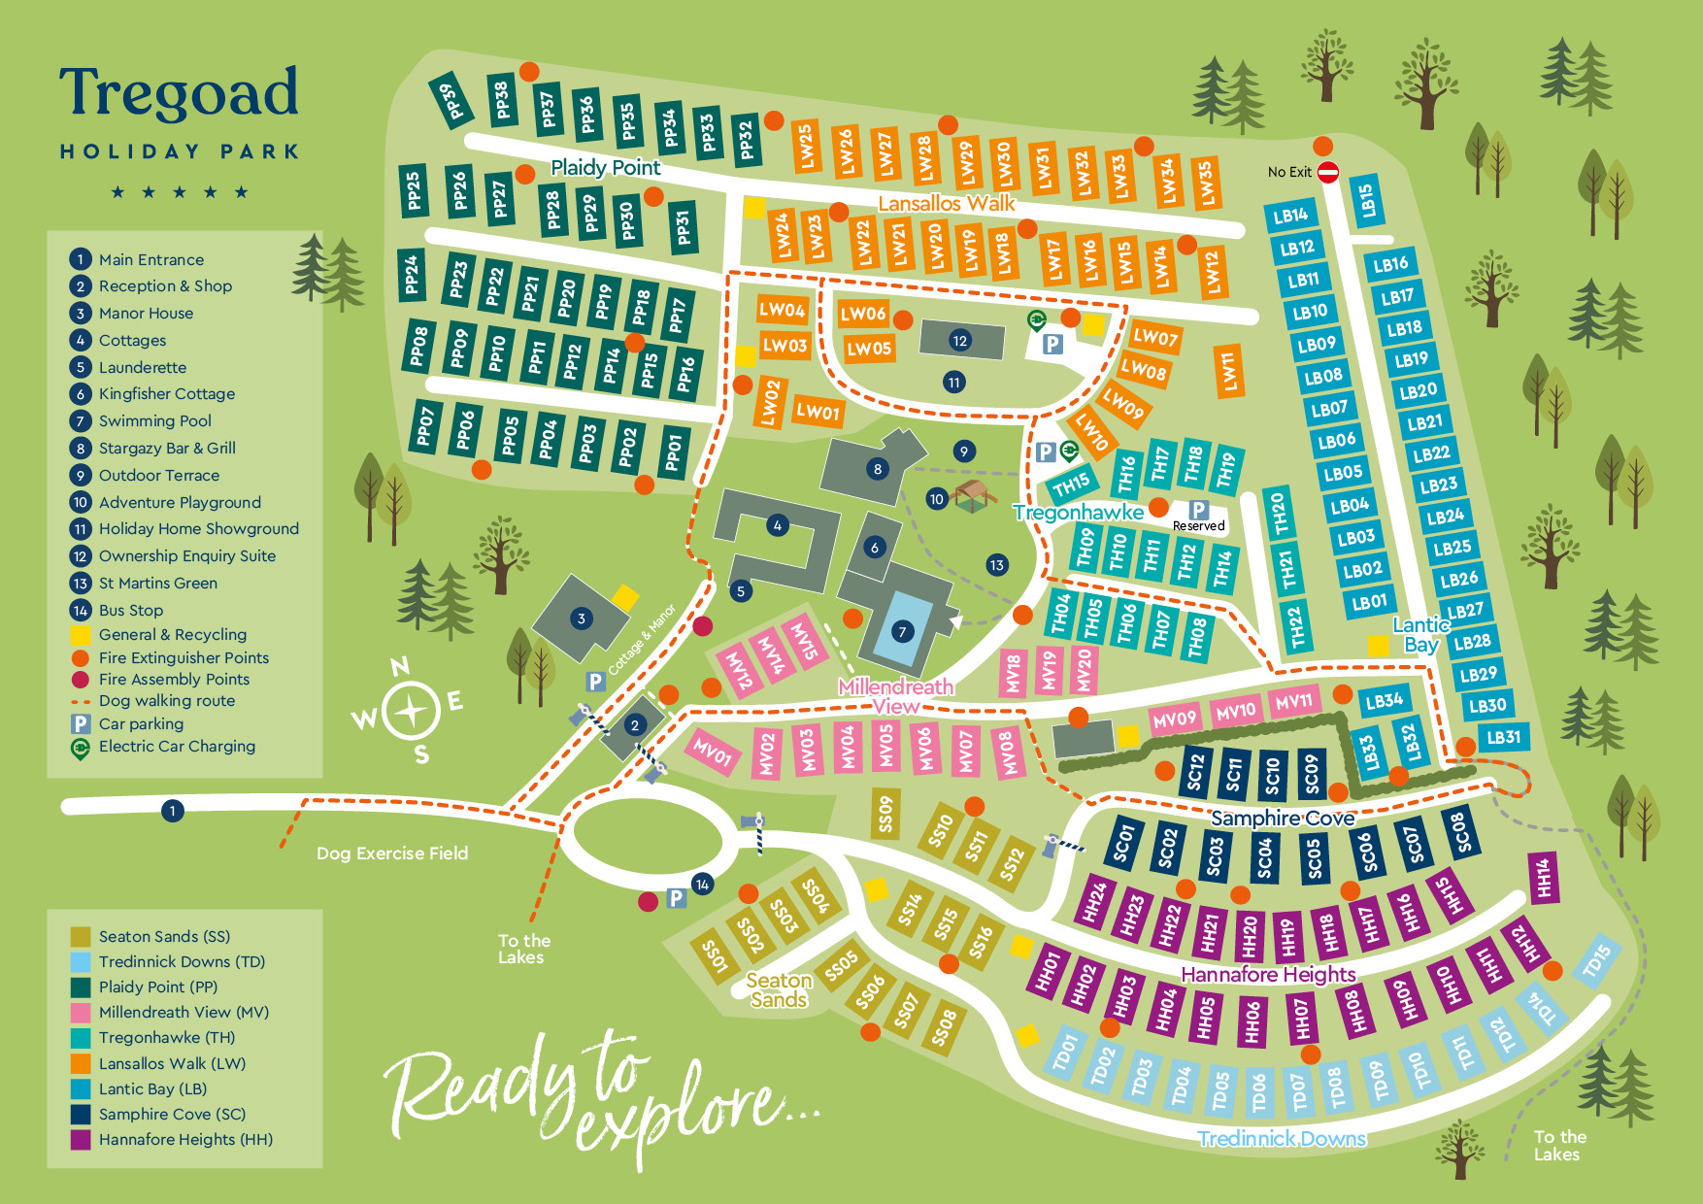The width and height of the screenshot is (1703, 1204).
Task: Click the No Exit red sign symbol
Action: [x=1328, y=172]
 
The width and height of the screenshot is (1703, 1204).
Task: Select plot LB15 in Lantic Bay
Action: [x=1367, y=200]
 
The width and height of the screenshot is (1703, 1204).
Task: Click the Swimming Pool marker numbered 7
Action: [x=902, y=632]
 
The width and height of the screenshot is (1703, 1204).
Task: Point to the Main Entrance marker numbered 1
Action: [x=173, y=811]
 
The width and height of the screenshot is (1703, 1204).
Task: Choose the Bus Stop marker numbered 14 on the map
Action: [x=702, y=884]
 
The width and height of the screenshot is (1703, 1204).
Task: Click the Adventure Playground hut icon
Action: [x=974, y=495]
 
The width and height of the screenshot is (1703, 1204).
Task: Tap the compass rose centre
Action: [x=412, y=712]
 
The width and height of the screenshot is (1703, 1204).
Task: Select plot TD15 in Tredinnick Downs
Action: [x=1595, y=961]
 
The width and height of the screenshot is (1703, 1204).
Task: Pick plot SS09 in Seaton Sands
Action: [x=885, y=814]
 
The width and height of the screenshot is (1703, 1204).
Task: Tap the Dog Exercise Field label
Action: [x=392, y=853]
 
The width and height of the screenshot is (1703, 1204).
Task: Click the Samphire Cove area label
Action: [x=1282, y=819]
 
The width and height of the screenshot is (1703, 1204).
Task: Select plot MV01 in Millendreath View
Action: [x=712, y=752]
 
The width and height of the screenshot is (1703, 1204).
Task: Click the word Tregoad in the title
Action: [x=179, y=93]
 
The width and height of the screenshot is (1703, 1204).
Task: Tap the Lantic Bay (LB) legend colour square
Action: [x=81, y=1088]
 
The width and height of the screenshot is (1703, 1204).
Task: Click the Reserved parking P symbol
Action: [x=1199, y=510]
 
